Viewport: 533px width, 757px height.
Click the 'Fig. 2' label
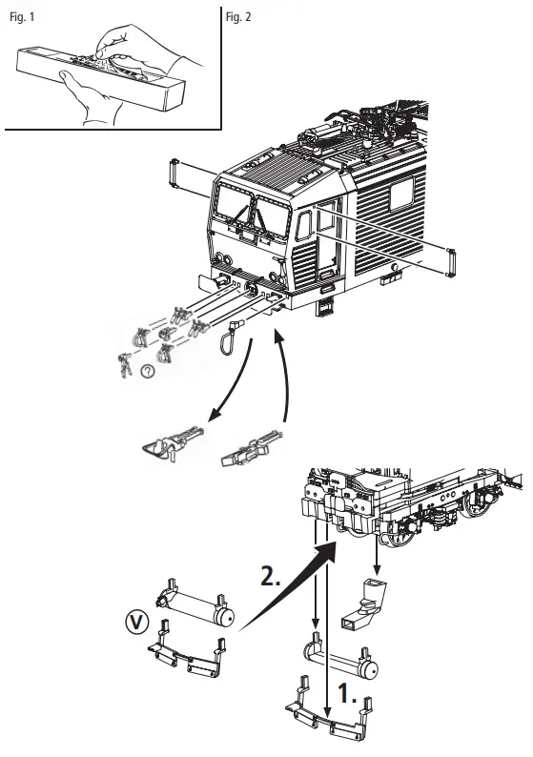click(239, 18)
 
